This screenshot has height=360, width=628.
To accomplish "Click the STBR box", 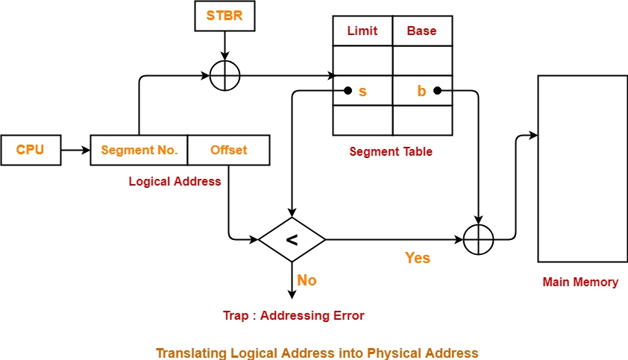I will pyautogui.click(x=225, y=16).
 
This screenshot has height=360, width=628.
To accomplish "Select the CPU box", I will pyautogui.click(x=31, y=150).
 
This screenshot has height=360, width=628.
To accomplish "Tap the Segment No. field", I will pyautogui.click(x=139, y=150).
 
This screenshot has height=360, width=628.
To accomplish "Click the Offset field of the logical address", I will pyautogui.click(x=228, y=150).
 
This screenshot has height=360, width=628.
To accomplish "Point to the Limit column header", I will pyautogui.click(x=362, y=31).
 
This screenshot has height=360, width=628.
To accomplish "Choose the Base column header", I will pyautogui.click(x=422, y=31).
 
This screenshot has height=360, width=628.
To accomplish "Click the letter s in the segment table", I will pyautogui.click(x=363, y=92).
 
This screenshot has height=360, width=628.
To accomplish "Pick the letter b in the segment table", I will pyautogui.click(x=421, y=92).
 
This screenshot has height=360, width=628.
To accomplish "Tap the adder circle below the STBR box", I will pyautogui.click(x=225, y=76).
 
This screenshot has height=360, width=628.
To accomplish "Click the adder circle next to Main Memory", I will pyautogui.click(x=479, y=240).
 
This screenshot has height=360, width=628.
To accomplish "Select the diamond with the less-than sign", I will pyautogui.click(x=292, y=240).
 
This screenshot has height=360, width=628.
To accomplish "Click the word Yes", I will pyautogui.click(x=418, y=258).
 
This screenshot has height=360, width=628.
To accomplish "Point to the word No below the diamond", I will pyautogui.click(x=307, y=280).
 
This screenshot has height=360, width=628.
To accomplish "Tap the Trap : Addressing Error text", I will pyautogui.click(x=293, y=315).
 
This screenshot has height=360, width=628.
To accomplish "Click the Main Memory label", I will pyautogui.click(x=580, y=282).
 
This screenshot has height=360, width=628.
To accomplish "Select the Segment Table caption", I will pyautogui.click(x=391, y=151).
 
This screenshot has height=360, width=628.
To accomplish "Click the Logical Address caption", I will pyautogui.click(x=175, y=181).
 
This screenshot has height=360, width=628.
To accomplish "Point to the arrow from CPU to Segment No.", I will pyautogui.click(x=75, y=151).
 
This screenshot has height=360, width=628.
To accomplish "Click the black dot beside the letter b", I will pyautogui.click(x=438, y=91).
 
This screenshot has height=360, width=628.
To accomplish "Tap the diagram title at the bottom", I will pyautogui.click(x=317, y=352).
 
